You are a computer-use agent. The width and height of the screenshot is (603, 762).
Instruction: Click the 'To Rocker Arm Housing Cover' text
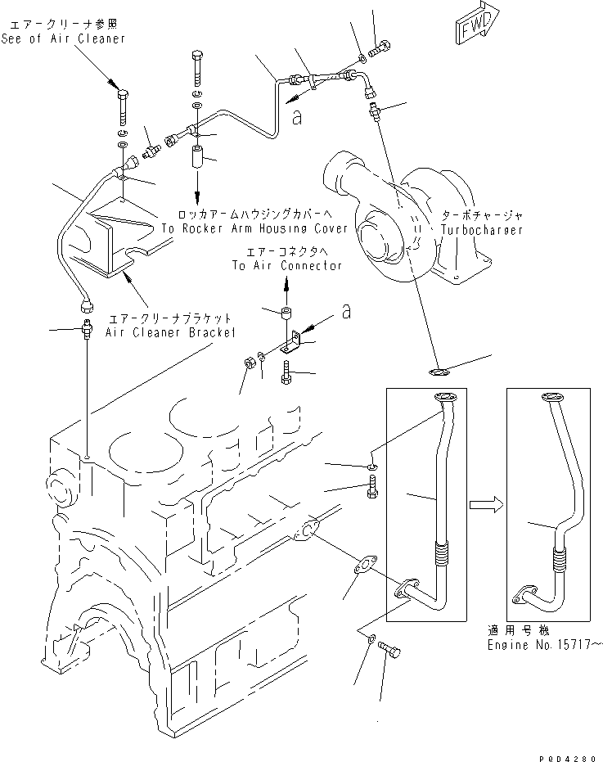pos(254,229)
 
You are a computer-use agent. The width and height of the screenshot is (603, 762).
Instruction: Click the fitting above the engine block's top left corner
pos(85,334)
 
